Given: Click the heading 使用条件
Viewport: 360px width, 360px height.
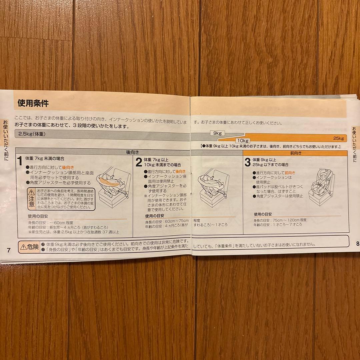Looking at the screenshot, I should pos(33,103).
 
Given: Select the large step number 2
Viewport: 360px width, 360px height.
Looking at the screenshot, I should pos(139,163).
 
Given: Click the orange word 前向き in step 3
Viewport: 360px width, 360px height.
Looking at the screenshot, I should pos(290,173).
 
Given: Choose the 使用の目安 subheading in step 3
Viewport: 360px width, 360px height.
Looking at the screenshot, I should pos(263,214).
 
